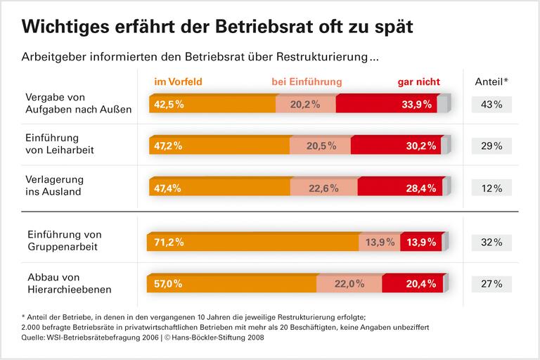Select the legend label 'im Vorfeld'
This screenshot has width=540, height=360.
point(178,82)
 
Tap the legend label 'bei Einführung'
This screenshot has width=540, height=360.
point(307,82)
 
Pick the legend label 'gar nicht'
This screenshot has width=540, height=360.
point(414,82)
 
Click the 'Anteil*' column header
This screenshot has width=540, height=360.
point(492,82)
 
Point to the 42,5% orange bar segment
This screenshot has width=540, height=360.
point(212,105)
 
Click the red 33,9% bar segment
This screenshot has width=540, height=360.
point(387,105)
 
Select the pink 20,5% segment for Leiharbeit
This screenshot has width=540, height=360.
point(320,146)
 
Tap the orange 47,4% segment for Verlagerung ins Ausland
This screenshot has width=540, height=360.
point(219,188)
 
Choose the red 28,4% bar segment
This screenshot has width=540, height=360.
point(401,188)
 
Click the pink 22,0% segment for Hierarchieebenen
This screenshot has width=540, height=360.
point(349,284)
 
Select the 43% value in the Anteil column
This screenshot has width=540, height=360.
point(492,105)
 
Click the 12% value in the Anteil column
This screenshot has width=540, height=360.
point(492,188)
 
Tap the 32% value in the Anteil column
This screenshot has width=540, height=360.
point(492,242)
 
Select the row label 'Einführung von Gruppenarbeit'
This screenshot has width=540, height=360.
point(64,240)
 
